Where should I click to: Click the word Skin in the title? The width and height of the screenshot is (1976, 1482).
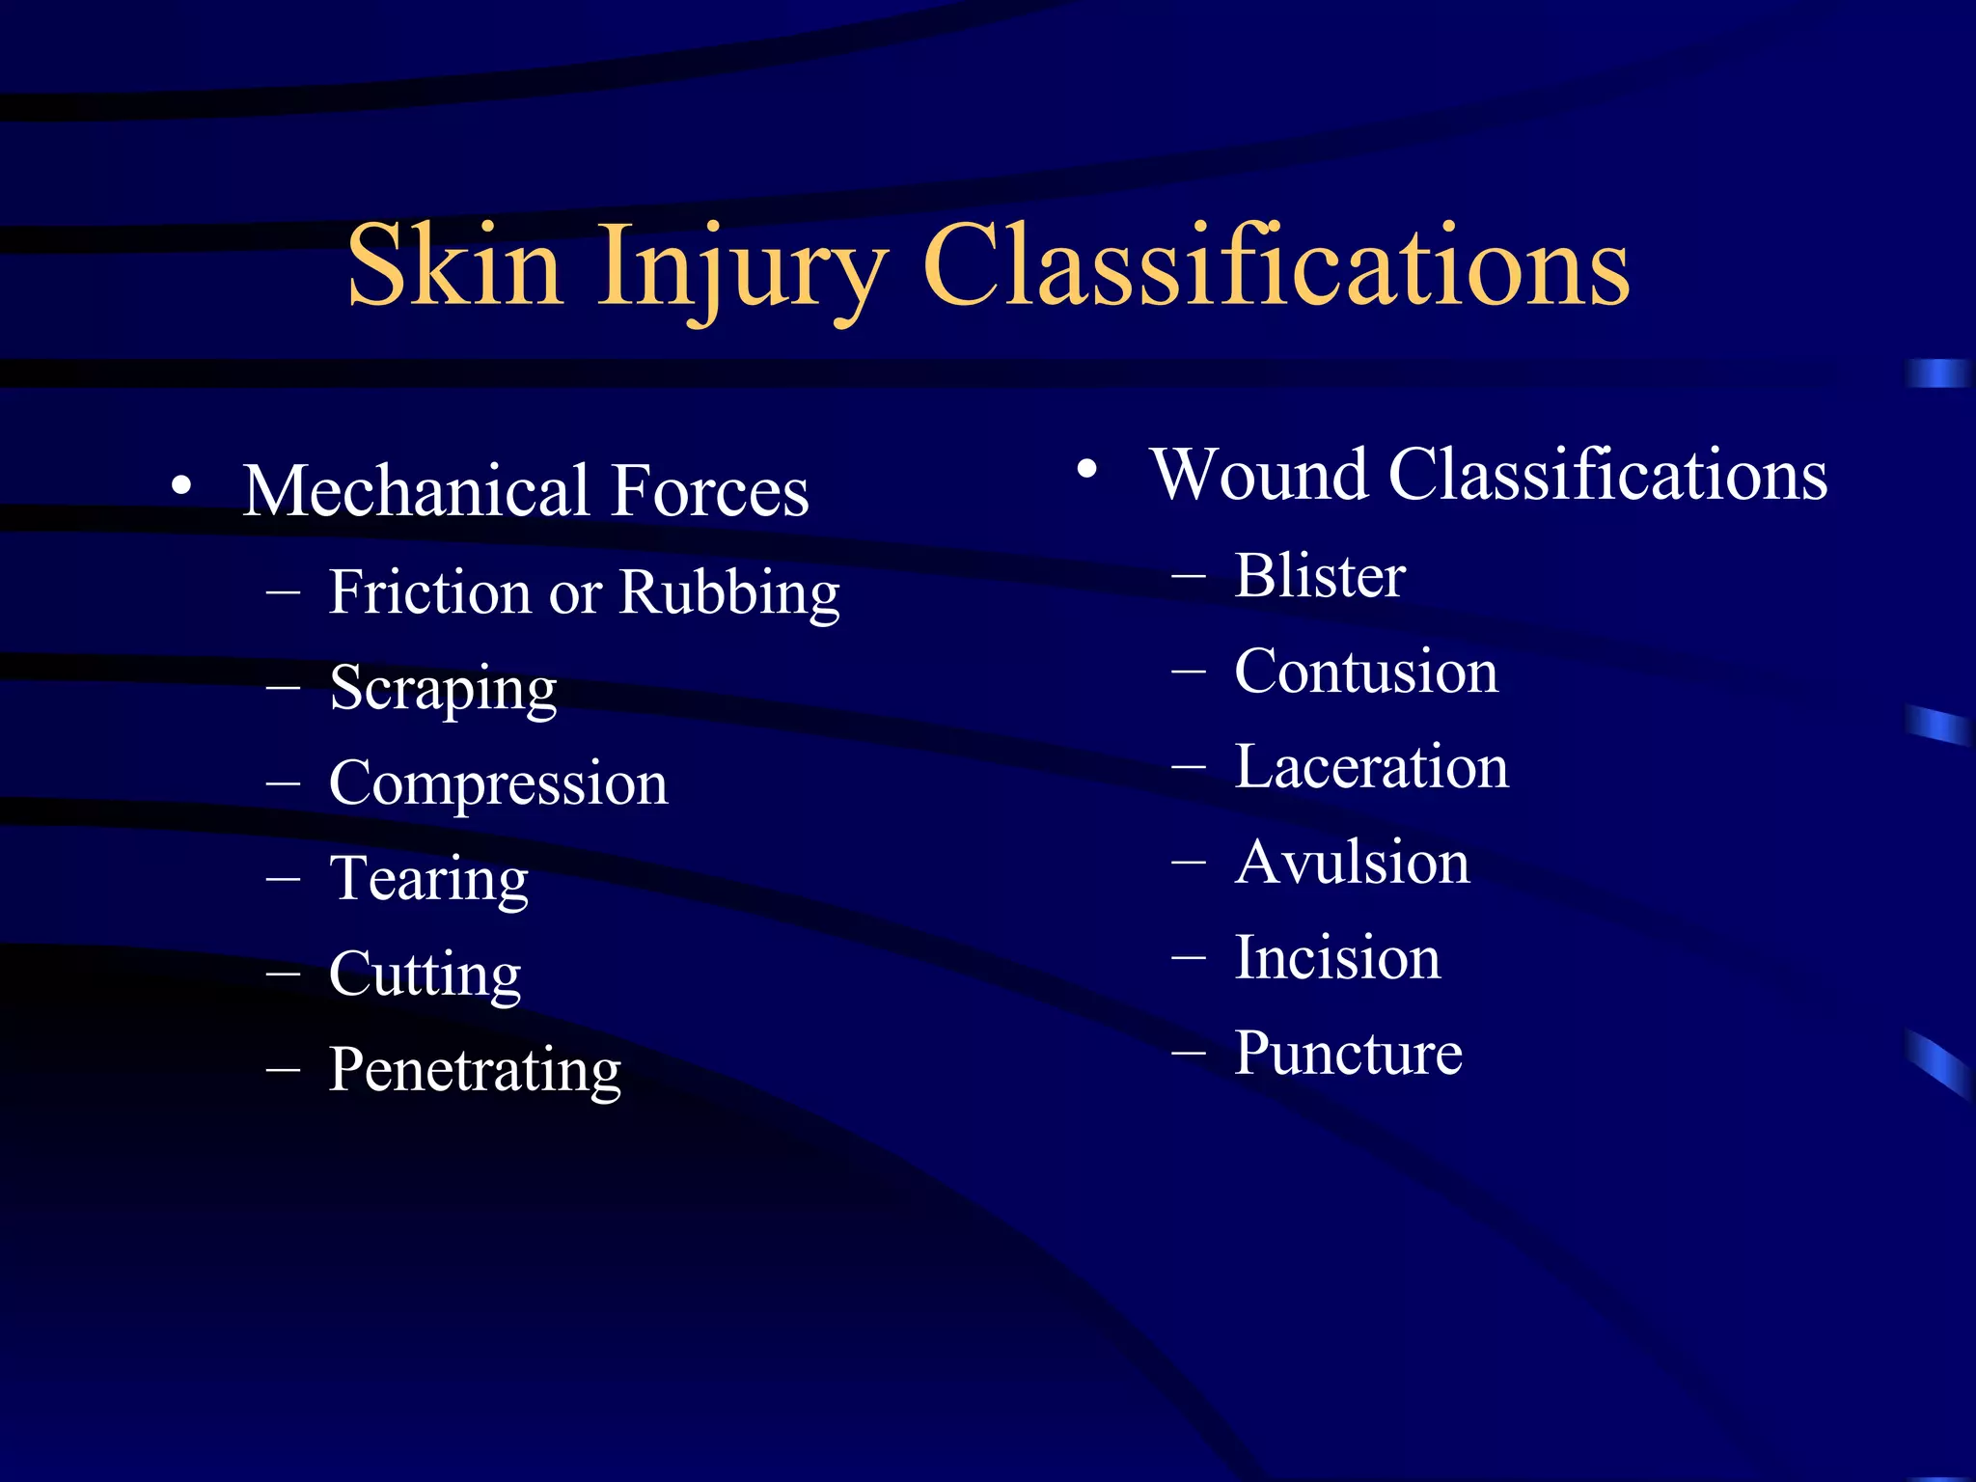454,266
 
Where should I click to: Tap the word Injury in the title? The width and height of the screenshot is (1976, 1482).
741,270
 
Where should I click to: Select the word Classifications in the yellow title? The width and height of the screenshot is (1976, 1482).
1276,266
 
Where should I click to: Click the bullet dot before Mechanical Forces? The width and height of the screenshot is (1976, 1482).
180,486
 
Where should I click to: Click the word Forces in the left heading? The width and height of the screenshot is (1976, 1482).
710,491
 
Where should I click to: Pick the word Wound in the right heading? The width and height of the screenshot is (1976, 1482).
1259,475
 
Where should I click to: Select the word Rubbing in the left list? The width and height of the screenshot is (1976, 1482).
729,593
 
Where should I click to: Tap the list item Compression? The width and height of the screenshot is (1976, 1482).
498,783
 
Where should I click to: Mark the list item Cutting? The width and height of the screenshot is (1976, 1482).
425,974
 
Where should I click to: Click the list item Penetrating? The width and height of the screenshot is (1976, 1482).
475,1071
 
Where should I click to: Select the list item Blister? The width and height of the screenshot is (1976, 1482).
1319,576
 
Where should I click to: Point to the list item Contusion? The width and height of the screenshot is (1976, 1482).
1366,672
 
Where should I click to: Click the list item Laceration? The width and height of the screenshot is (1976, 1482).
1371,767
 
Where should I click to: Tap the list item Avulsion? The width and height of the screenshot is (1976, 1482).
1352,863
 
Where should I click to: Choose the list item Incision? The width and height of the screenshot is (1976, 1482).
1337,958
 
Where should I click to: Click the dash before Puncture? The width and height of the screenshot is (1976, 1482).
1189,1053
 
